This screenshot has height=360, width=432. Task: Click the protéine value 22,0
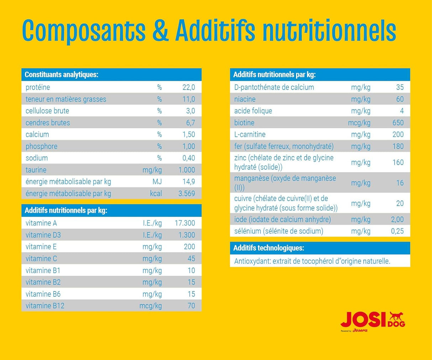(x=188, y=88)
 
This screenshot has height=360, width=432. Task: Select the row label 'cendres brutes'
(x=48, y=123)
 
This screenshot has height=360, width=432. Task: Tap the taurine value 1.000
(x=186, y=170)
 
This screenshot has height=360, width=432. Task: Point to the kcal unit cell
(x=156, y=194)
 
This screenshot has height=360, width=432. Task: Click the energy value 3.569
(x=186, y=194)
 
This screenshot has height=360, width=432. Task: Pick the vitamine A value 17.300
(x=185, y=223)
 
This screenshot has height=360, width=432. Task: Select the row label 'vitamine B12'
(x=45, y=306)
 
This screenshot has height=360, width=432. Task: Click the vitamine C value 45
(x=191, y=259)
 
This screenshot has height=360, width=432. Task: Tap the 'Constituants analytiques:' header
(x=61, y=75)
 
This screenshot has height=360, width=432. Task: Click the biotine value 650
(x=397, y=123)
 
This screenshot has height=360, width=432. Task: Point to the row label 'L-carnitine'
(x=250, y=134)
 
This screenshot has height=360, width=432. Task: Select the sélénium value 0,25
(x=397, y=231)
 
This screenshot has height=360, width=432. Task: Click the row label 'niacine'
(x=245, y=99)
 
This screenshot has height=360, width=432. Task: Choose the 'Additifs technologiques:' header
(x=269, y=248)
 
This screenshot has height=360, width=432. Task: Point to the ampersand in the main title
(x=160, y=31)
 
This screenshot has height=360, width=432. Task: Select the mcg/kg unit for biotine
(x=359, y=123)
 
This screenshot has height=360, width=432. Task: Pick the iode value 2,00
(x=397, y=219)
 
